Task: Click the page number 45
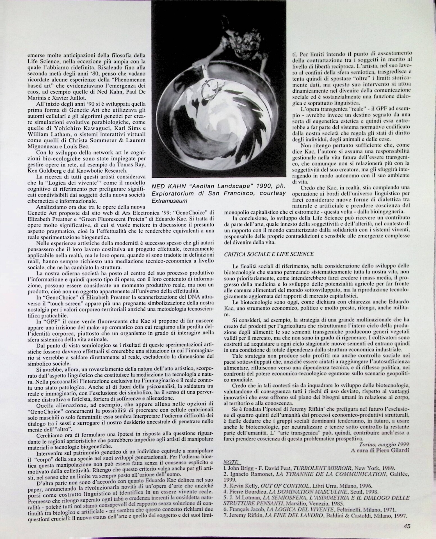[x=407, y=526]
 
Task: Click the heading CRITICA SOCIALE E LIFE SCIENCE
[x=269, y=254]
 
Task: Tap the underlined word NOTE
[x=231, y=462]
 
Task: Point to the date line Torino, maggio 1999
[x=384, y=444]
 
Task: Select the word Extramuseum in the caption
[x=170, y=201]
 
